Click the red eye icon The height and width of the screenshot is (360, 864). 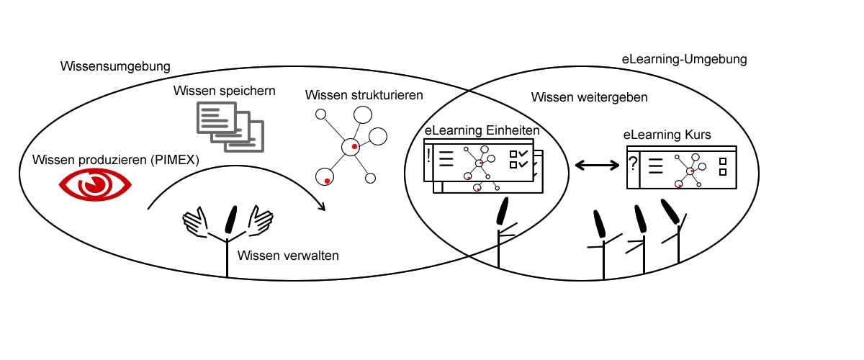click(95, 186)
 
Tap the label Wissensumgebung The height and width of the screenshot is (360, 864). click(116, 66)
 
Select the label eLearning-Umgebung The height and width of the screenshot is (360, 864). click(684, 59)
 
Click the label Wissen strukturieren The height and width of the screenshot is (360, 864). click(364, 95)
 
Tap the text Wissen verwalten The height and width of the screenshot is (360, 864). click(287, 255)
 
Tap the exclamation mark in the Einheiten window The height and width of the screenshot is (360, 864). click(429, 156)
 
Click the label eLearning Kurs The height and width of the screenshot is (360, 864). click(666, 135)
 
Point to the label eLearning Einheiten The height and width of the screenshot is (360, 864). click(482, 131)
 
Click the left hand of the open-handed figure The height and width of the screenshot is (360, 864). click(195, 222)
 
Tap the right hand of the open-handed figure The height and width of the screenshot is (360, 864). click(261, 220)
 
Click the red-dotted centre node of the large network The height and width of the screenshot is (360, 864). click(352, 146)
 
